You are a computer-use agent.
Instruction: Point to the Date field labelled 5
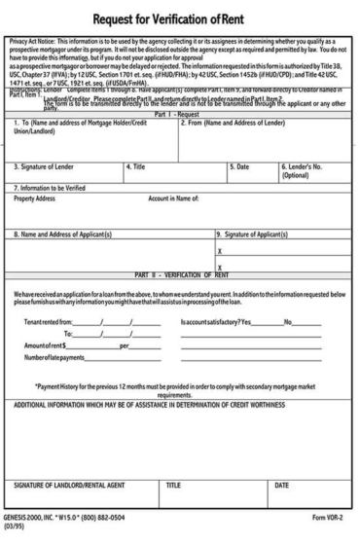click(x=242, y=166)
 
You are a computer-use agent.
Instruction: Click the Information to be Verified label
click(x=50, y=187)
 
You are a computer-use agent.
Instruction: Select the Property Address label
click(x=34, y=198)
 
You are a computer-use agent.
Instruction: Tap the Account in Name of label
click(x=180, y=198)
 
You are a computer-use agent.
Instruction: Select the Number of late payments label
click(x=54, y=357)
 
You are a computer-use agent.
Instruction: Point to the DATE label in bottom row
click(x=282, y=484)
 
